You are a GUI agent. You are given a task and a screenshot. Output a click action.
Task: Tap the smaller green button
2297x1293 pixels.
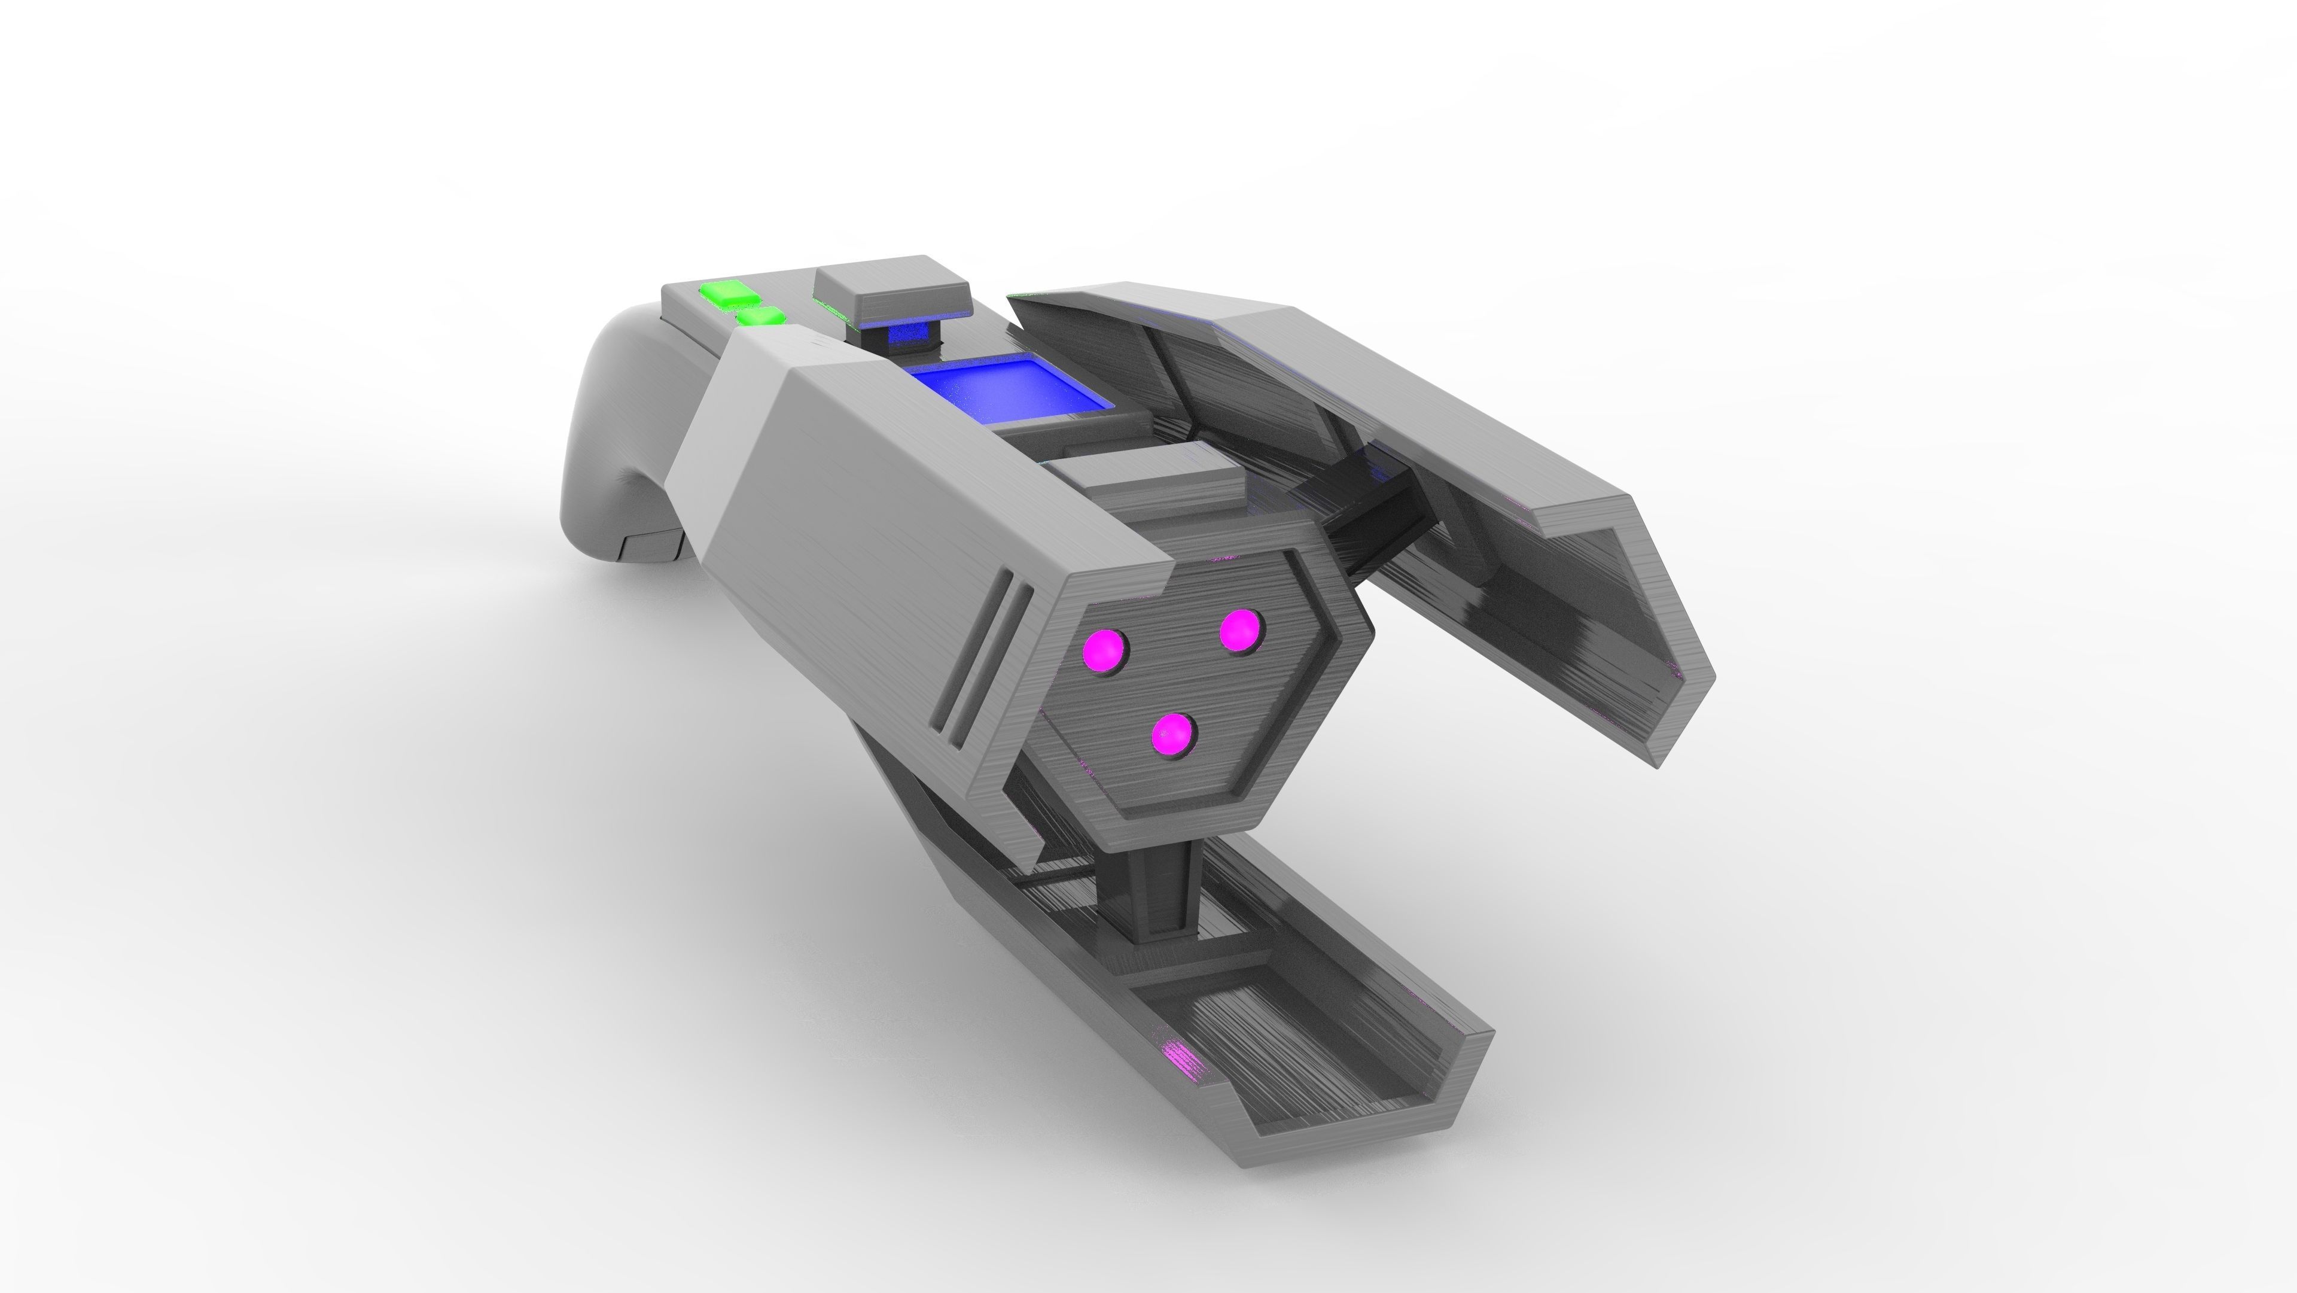(761, 317)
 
